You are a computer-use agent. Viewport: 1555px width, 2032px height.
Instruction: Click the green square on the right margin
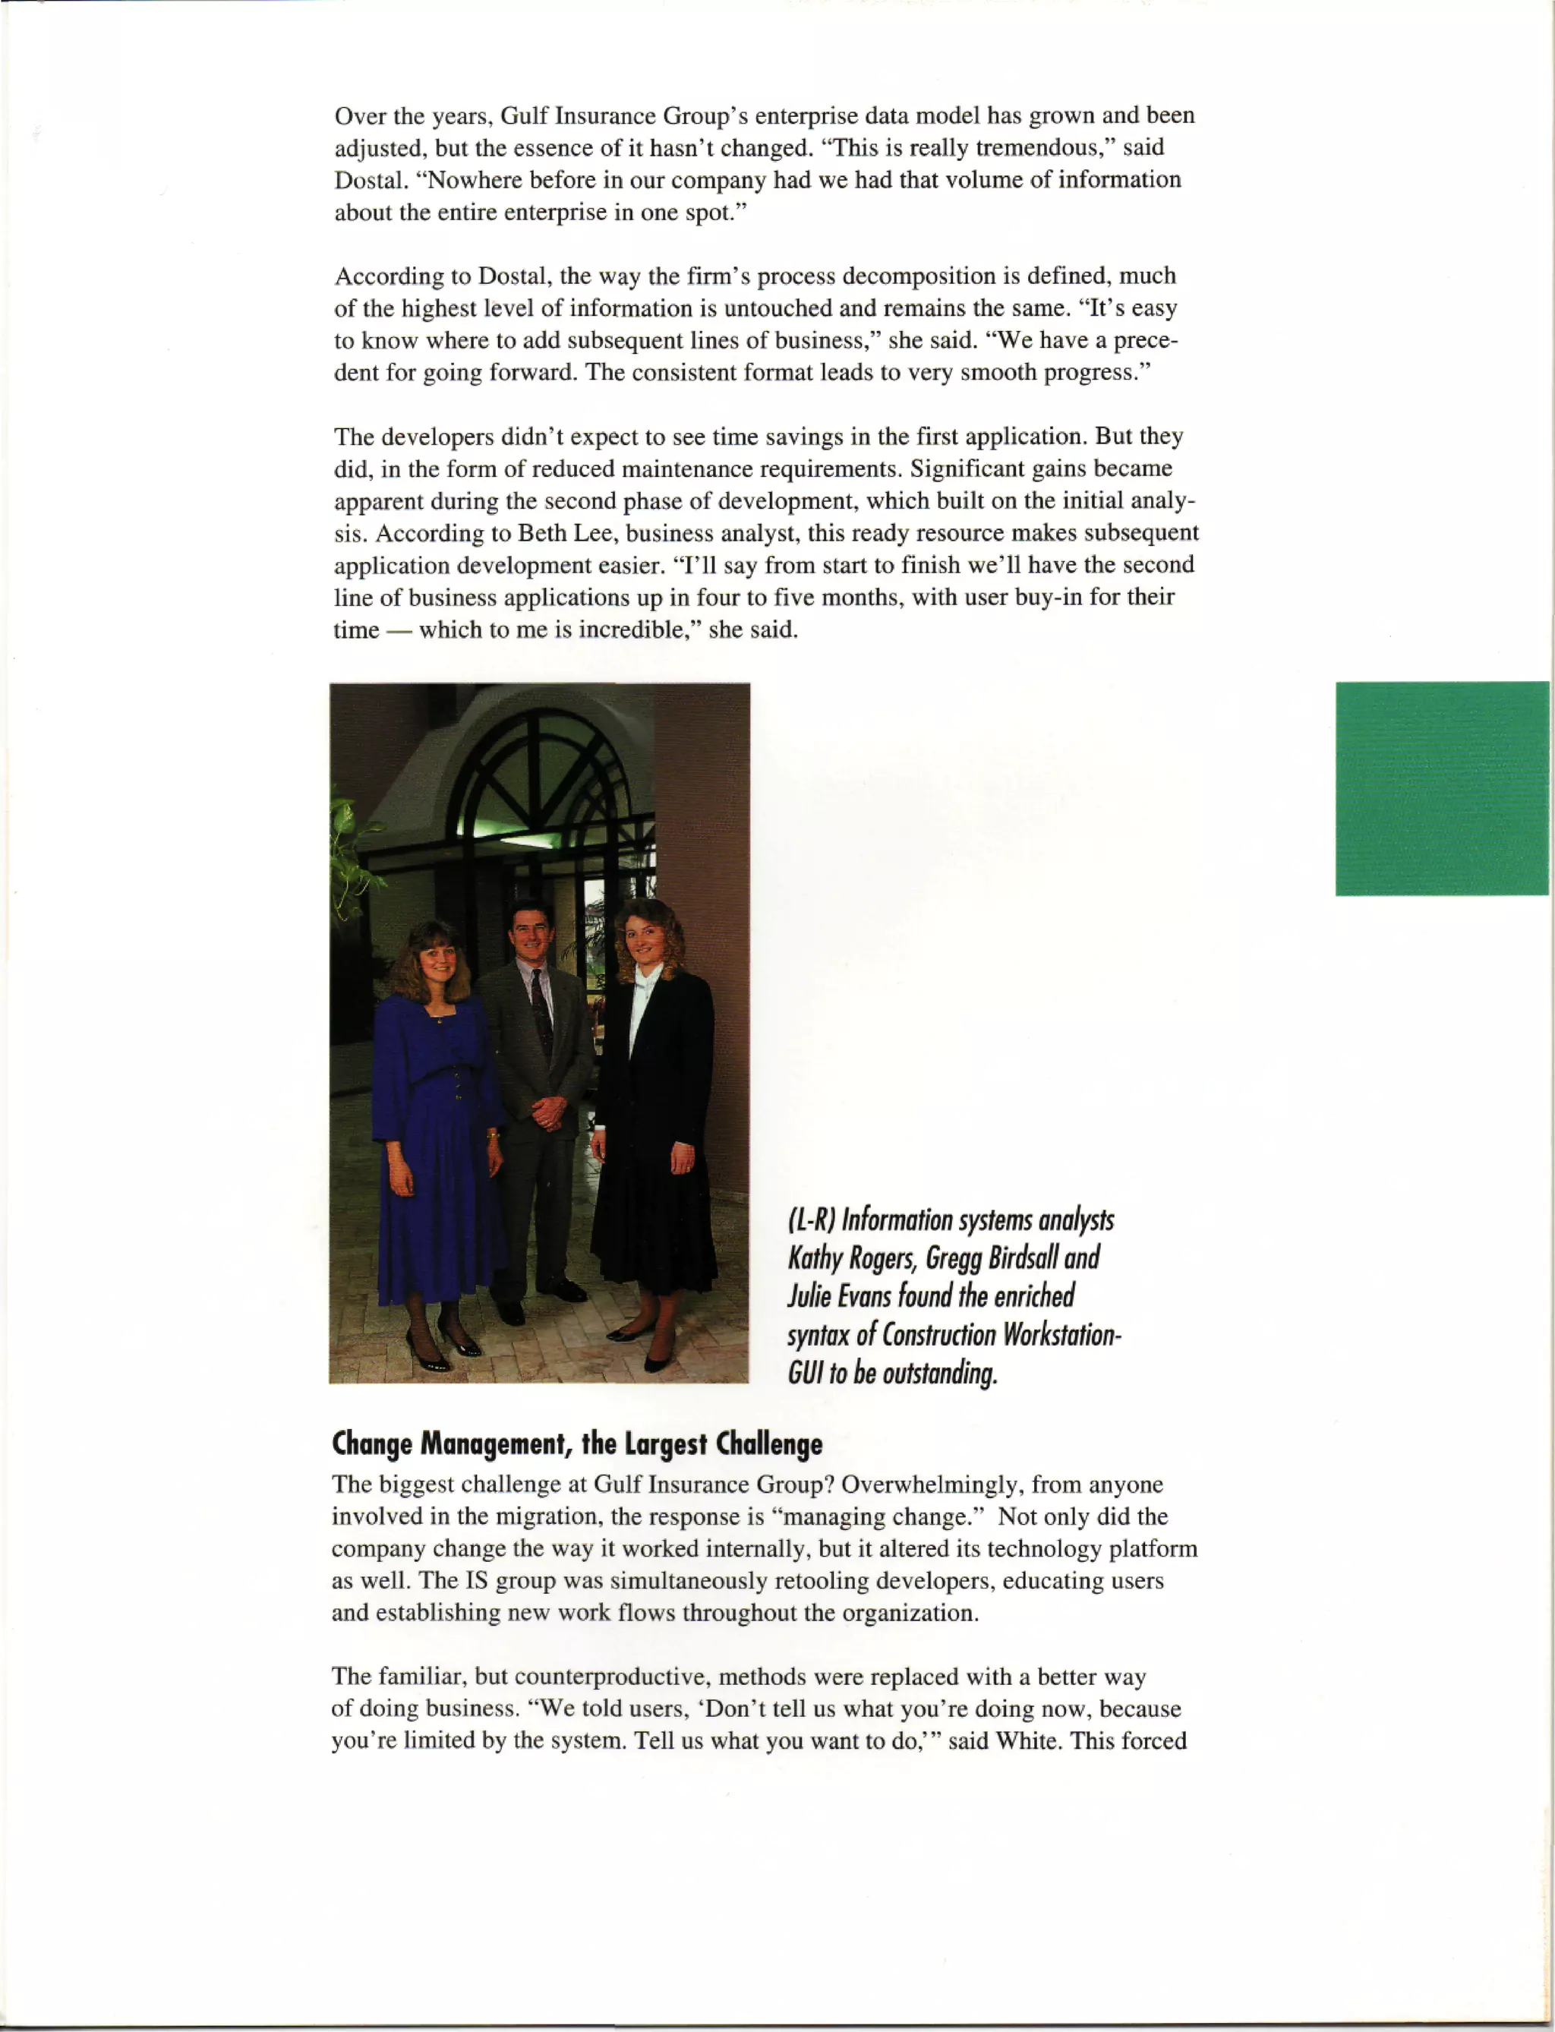(x=1441, y=787)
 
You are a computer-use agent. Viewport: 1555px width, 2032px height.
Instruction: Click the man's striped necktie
(x=541, y=1014)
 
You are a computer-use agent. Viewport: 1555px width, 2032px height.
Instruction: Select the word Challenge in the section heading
(x=768, y=1444)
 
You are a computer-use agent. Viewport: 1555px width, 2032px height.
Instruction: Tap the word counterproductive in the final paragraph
(x=613, y=1677)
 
